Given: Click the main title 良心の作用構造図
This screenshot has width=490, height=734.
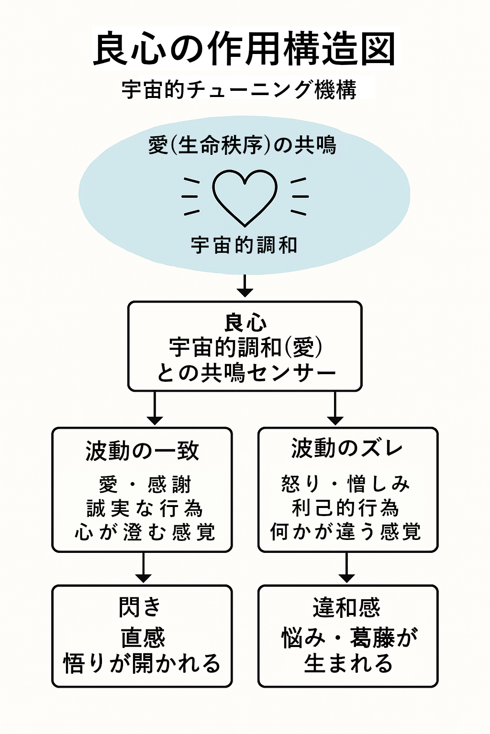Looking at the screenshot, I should click(x=244, y=49).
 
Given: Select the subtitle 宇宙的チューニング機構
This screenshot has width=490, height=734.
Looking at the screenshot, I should click(x=239, y=90).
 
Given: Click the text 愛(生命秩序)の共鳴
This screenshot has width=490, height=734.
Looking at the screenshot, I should click(x=242, y=145).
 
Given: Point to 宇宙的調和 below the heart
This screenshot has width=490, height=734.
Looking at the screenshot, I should click(x=244, y=245).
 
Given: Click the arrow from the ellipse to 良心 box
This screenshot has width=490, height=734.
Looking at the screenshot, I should click(x=245, y=286).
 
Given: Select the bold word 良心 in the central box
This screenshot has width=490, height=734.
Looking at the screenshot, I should click(x=245, y=323).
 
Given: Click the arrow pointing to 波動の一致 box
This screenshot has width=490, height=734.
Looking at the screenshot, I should click(x=155, y=409).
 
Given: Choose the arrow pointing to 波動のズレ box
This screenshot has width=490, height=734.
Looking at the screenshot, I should click(x=335, y=409).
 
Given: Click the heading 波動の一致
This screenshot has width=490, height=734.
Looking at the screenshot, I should click(x=142, y=451).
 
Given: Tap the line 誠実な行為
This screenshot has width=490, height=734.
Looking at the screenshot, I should click(x=145, y=508).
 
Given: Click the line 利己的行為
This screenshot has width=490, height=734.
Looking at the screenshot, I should click(x=345, y=507).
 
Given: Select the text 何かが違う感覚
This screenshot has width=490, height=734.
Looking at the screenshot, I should click(x=345, y=531).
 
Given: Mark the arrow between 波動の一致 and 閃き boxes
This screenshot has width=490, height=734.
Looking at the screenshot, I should click(x=143, y=568).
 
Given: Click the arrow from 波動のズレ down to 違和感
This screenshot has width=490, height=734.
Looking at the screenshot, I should click(x=346, y=568).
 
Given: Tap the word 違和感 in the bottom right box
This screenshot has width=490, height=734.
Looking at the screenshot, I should click(x=346, y=608).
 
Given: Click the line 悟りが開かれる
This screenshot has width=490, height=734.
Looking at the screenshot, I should click(x=142, y=663).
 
